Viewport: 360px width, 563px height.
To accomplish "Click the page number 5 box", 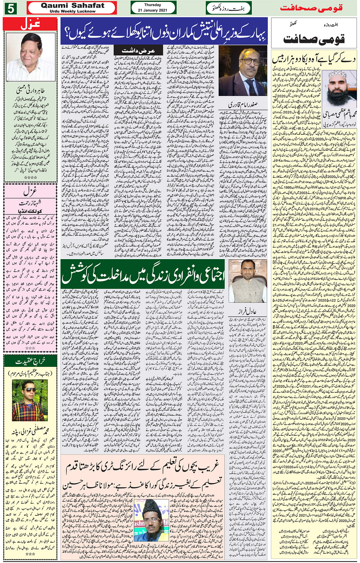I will tap(10, 8).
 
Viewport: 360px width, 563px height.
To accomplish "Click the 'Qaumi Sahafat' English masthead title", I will tap(72, 5).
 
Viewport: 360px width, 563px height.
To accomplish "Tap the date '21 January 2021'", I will tap(152, 10).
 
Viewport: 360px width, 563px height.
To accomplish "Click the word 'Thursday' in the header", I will tap(152, 5).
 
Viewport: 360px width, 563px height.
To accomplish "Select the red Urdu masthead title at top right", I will tap(311, 8).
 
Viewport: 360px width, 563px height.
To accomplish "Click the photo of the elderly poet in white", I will tap(30, 57).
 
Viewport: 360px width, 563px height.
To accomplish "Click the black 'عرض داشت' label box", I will tap(138, 51).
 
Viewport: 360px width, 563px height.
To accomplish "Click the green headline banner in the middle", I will tap(144, 273).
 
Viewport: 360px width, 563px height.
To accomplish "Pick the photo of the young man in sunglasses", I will tap(30, 400).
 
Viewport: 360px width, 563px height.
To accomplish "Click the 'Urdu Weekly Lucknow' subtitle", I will tap(72, 11).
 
